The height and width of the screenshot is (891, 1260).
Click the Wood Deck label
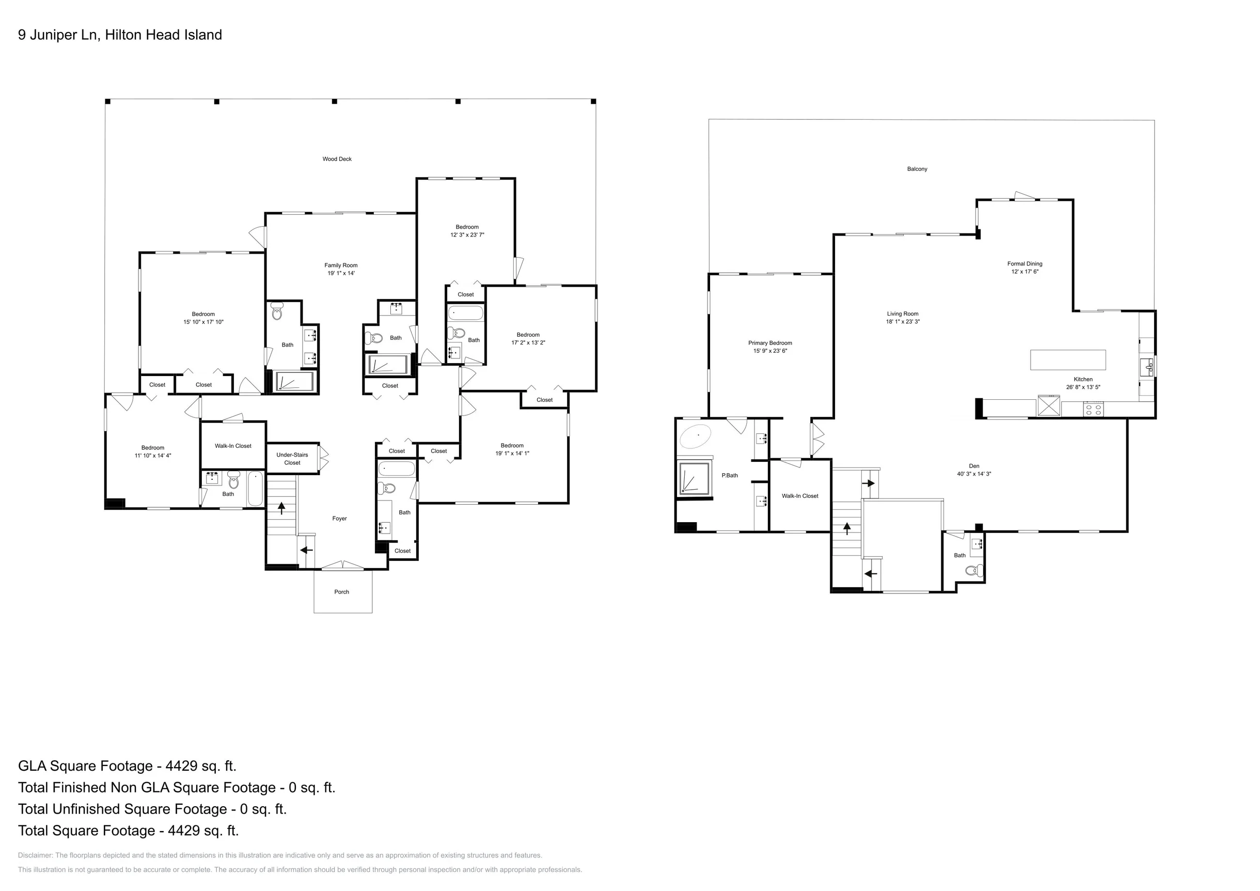click(x=337, y=159)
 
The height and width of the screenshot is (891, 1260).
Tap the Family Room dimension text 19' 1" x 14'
click(x=341, y=273)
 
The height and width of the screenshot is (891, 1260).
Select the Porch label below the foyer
click(x=341, y=592)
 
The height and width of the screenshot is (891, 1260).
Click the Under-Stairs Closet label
click(x=292, y=459)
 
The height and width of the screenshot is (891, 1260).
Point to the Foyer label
click(x=339, y=518)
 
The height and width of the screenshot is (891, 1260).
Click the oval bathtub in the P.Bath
click(x=695, y=437)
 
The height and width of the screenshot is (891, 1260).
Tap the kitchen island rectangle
click(x=1068, y=360)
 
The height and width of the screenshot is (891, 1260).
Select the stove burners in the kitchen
click(x=1093, y=410)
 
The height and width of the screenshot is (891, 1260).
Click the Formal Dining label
click(x=1025, y=264)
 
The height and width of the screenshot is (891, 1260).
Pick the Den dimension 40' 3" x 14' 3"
click(x=974, y=474)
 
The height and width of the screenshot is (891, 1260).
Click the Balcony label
click(x=917, y=169)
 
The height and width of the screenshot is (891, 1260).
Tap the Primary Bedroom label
click(x=770, y=343)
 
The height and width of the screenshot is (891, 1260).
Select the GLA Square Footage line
click(x=128, y=766)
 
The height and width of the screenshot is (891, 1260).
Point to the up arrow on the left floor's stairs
click(x=281, y=508)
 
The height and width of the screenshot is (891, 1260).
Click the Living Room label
click(x=903, y=314)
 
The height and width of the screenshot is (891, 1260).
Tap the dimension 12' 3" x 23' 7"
click(x=467, y=235)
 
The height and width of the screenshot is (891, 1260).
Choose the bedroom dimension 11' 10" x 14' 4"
click(x=152, y=456)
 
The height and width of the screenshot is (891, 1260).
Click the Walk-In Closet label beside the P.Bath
click(x=799, y=496)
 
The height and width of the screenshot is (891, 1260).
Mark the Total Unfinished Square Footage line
click(x=152, y=809)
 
